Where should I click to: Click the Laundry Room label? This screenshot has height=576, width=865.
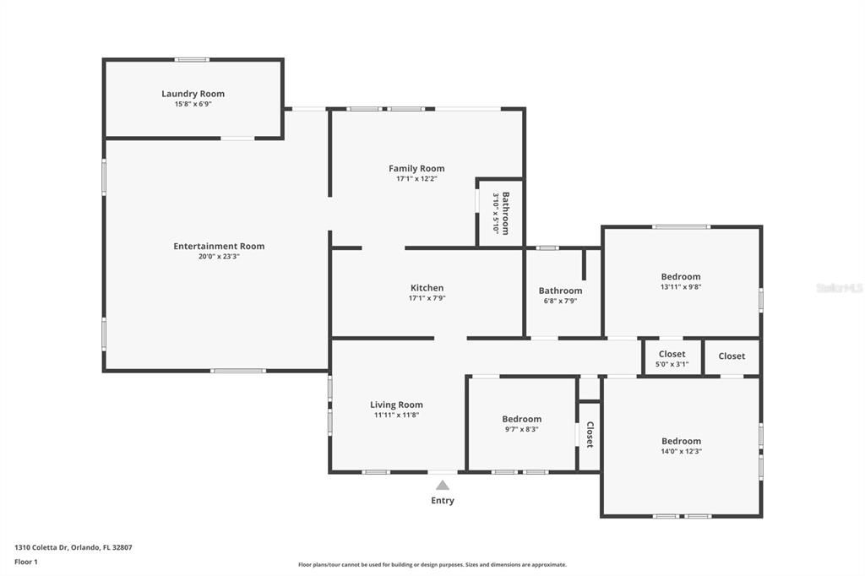193,94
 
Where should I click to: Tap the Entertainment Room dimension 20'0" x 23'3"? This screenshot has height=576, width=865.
219,257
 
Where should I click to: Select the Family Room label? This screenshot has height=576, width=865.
416,168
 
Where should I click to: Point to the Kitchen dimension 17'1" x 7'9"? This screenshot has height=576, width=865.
427,298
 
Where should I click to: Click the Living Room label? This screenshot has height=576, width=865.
397,405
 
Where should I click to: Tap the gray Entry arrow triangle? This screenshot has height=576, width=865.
443,486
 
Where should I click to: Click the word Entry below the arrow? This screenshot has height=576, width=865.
443,501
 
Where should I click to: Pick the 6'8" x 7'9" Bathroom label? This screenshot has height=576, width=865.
561,291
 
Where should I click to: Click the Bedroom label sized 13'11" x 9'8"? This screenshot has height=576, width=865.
681,276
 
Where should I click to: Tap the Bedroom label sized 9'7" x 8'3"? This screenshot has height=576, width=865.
522,419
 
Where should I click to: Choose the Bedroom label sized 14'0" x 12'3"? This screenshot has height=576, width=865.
682,441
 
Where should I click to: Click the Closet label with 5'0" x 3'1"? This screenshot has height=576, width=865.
672,354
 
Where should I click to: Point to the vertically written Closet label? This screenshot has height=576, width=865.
590,435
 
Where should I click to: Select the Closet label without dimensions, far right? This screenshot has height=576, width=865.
732,356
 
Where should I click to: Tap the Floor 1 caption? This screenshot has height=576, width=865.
26,562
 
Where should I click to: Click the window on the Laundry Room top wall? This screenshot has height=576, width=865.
192,60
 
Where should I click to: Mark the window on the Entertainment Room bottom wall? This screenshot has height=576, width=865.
238,371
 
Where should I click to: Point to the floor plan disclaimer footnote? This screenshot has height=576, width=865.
432,564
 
